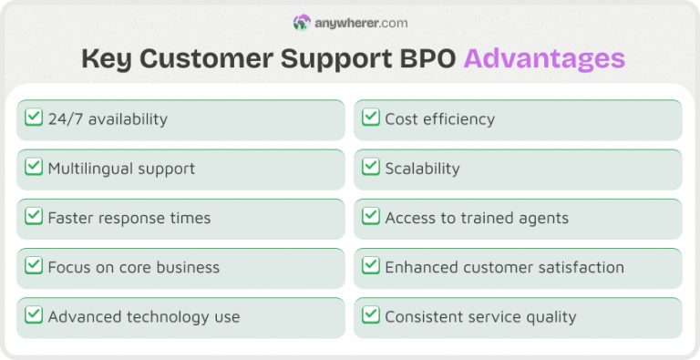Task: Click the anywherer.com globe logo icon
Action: (302, 22)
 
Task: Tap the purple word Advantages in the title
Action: (544, 59)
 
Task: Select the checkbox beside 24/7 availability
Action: (34, 118)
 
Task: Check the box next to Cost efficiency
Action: (371, 118)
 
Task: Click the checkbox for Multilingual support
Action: (34, 167)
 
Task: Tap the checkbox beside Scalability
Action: (371, 167)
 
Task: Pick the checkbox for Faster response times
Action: (34, 217)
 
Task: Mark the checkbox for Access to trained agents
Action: (371, 217)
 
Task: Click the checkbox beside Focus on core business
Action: (34, 266)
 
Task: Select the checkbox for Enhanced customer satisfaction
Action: (371, 266)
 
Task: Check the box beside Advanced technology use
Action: (34, 315)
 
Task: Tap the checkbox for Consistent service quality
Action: (371, 315)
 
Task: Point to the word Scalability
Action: (422, 169)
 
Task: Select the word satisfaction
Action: (582, 267)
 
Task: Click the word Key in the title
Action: (105, 59)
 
